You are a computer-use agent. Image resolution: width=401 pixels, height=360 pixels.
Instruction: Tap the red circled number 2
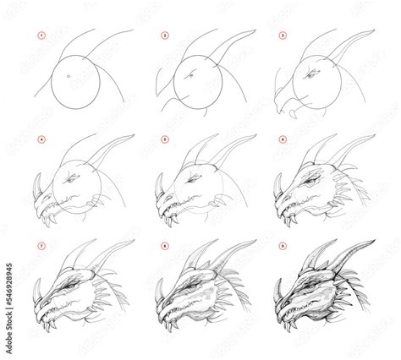pos(166,37)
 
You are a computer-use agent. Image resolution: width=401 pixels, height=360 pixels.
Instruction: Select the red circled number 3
pos(283,37)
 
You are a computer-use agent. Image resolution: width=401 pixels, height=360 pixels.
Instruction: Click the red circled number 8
pos(166,245)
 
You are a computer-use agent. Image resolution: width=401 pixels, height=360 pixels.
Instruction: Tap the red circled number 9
pos(283,245)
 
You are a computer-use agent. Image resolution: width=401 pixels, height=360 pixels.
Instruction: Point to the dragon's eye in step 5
pos(195,180)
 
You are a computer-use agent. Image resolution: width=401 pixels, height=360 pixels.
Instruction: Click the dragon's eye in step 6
pos(314,180)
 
